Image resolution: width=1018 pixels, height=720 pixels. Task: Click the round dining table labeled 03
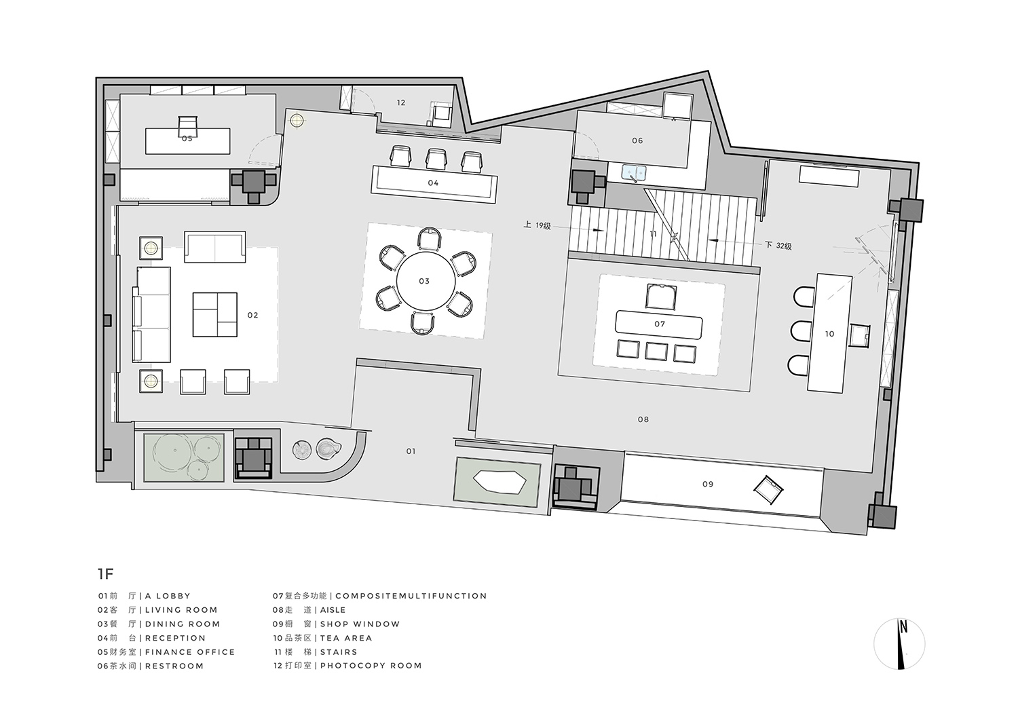424,281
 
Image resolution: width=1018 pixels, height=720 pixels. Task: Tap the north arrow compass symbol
899,645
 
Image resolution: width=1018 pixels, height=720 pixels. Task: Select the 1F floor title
105,574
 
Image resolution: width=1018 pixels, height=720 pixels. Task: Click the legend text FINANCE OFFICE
190,652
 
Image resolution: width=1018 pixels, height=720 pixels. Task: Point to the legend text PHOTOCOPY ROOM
371,666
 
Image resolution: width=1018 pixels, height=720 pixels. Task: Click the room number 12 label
401,103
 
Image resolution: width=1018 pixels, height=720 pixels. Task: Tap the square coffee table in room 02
214,314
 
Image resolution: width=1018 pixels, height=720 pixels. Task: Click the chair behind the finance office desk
187,125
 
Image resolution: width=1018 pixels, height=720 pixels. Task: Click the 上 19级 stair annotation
537,226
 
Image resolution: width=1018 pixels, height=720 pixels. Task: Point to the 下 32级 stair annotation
778,246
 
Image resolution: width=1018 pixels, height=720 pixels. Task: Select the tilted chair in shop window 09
770,489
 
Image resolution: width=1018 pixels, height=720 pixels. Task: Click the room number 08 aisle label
643,419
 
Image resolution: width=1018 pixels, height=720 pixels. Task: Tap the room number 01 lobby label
411,451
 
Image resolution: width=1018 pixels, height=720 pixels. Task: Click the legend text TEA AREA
346,638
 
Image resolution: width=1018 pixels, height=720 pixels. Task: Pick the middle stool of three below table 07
655,351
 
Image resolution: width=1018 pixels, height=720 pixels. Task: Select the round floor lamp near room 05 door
297,121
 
